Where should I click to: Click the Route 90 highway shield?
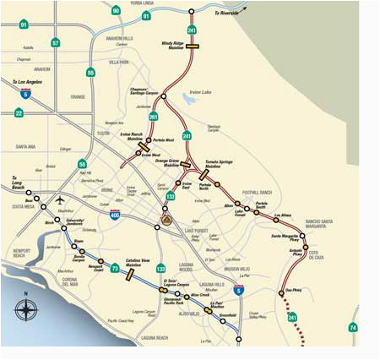pos(116,10)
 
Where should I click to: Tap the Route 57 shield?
pos(56,42)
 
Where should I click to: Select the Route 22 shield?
pos(19,112)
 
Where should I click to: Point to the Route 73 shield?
pos(116,269)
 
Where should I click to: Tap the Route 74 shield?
pos(353,327)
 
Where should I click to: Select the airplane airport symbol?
pos(60,200)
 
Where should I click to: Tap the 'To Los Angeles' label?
pos(26,83)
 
